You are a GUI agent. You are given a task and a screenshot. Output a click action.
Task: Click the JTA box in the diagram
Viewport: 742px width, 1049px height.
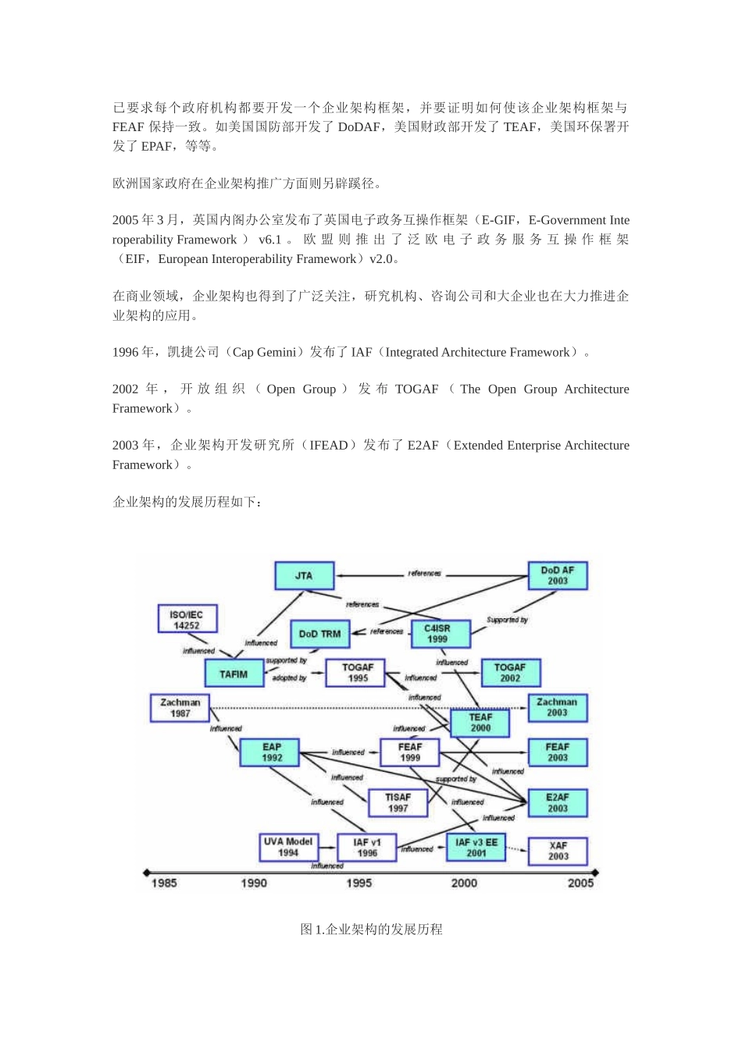(x=304, y=576)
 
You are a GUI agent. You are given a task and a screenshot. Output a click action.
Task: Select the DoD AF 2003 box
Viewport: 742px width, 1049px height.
(x=557, y=576)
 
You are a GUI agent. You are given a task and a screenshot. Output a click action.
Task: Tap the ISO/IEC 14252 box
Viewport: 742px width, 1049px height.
(x=187, y=620)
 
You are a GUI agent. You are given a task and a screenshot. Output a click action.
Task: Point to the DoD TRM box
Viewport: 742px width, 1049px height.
(x=319, y=634)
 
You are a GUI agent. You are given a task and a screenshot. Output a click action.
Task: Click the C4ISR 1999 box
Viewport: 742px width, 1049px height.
(x=437, y=634)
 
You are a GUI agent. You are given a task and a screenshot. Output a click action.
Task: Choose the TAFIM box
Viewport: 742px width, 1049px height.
(x=234, y=674)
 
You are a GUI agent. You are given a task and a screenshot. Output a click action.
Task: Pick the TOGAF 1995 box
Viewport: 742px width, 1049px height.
(x=357, y=673)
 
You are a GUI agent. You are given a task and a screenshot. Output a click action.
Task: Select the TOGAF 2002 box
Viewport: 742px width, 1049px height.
(x=510, y=673)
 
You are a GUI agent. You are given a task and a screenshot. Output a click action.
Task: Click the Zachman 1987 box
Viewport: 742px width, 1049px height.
(x=180, y=708)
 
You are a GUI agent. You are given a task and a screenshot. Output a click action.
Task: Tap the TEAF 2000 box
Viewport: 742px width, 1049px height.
(x=480, y=723)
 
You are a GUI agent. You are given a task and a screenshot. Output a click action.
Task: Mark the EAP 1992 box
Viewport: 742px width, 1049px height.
(x=272, y=752)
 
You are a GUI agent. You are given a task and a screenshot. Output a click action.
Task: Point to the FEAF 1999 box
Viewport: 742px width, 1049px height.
(x=409, y=752)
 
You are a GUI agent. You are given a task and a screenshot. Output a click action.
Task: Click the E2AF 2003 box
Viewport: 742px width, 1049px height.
(x=557, y=802)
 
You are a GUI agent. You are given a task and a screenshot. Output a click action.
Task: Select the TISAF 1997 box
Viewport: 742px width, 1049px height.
(x=398, y=802)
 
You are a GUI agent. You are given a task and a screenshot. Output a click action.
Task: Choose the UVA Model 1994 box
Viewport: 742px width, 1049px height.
(x=288, y=847)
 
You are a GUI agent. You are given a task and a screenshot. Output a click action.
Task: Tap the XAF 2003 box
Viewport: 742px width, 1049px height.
(x=558, y=851)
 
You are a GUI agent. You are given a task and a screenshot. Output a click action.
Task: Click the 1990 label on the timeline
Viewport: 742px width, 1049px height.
(x=254, y=883)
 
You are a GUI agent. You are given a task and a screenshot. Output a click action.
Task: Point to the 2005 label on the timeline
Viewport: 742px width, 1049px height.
(x=580, y=883)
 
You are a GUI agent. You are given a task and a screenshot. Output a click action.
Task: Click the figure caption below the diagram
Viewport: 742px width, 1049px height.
(x=371, y=929)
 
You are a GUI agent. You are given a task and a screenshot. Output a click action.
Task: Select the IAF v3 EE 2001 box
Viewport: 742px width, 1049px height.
(x=476, y=848)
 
